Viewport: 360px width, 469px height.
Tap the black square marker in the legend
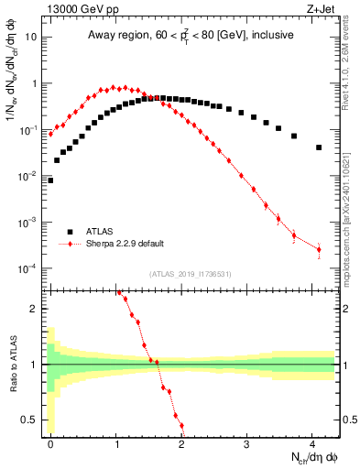click(x=70, y=232)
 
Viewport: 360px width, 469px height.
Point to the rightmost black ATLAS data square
click(x=319, y=147)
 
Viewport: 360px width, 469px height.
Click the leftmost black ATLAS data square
click(x=50, y=180)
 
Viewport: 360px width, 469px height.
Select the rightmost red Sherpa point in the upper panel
click(x=319, y=249)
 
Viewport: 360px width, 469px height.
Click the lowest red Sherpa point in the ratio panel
click(x=181, y=425)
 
